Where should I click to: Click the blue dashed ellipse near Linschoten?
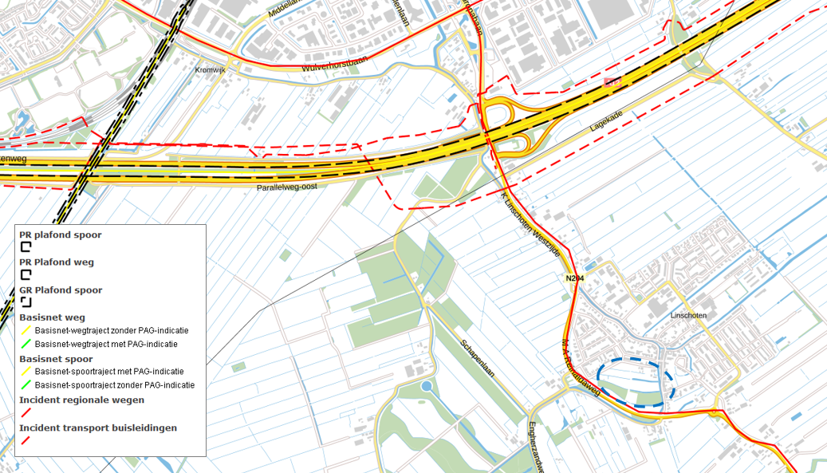(636, 383)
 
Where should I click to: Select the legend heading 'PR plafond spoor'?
(61, 235)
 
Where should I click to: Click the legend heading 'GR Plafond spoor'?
(61, 290)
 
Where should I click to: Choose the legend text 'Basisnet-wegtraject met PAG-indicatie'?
(106, 344)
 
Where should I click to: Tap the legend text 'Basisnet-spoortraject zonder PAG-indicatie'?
(115, 384)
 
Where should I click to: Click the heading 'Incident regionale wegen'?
(82, 400)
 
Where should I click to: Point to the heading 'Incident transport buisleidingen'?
(98, 428)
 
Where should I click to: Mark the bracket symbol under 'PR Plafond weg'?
(26, 274)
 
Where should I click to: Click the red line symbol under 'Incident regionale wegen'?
(26, 412)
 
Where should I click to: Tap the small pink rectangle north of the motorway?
(612, 81)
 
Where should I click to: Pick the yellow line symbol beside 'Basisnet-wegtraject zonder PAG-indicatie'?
(26, 330)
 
